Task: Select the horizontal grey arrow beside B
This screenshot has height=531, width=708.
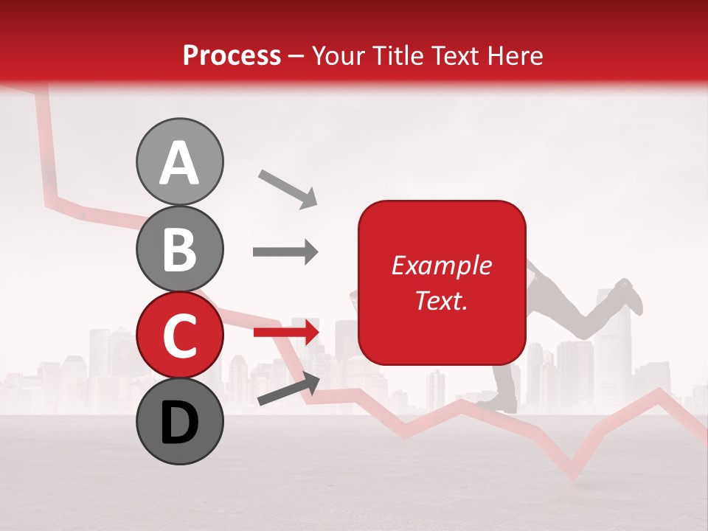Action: coord(285,252)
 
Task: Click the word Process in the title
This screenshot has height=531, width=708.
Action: coord(232,55)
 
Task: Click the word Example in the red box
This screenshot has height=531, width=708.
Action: coord(441,265)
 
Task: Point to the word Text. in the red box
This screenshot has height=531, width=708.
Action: coord(441,300)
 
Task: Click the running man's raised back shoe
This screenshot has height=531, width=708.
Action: coord(628,295)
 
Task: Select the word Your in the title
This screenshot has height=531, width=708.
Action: coord(336,55)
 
